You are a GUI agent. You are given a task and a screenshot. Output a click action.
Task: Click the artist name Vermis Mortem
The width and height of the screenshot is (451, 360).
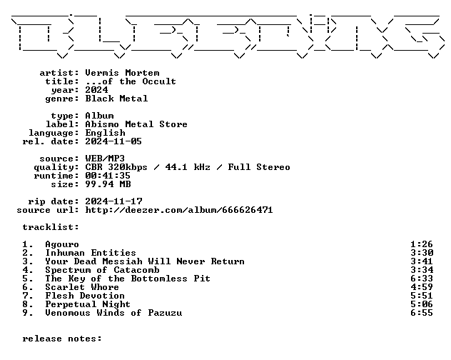(x=122, y=73)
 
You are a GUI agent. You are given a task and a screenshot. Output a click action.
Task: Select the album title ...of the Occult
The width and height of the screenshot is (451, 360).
(x=131, y=81)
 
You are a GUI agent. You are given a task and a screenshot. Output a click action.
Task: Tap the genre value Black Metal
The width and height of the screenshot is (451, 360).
(x=116, y=99)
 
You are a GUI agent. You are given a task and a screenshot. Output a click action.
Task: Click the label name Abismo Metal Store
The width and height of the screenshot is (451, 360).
(x=136, y=124)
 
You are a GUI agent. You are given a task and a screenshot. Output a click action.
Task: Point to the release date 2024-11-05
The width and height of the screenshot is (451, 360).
(x=113, y=141)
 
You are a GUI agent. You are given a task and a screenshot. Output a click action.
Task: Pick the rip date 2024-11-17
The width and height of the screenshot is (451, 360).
(x=113, y=201)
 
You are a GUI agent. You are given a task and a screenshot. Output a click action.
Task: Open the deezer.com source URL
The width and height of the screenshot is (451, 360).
(x=179, y=210)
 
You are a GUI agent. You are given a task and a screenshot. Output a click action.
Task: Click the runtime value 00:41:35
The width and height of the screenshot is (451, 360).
(x=108, y=176)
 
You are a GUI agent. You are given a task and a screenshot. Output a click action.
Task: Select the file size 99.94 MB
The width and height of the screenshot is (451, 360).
(x=108, y=184)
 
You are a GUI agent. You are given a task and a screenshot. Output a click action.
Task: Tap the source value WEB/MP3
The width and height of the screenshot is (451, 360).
(x=105, y=159)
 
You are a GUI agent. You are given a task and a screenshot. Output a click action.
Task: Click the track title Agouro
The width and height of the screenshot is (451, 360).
(x=62, y=244)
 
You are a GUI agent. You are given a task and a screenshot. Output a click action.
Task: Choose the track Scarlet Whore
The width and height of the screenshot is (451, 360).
(x=82, y=287)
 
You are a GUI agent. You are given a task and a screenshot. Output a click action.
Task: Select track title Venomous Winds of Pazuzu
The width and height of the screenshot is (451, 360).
(x=113, y=313)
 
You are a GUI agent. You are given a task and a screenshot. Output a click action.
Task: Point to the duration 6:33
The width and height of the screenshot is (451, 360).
(x=422, y=279)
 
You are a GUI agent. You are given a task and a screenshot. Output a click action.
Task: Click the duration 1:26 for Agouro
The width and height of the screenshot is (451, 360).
(x=422, y=244)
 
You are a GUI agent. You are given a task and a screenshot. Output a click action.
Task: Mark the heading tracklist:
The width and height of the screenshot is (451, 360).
(x=51, y=227)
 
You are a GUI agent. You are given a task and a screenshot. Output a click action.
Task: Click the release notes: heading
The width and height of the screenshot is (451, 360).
(x=62, y=339)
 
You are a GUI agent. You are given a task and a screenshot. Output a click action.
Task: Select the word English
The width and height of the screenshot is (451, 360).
(x=105, y=133)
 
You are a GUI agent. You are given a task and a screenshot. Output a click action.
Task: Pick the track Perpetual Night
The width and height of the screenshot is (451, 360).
(x=88, y=304)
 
